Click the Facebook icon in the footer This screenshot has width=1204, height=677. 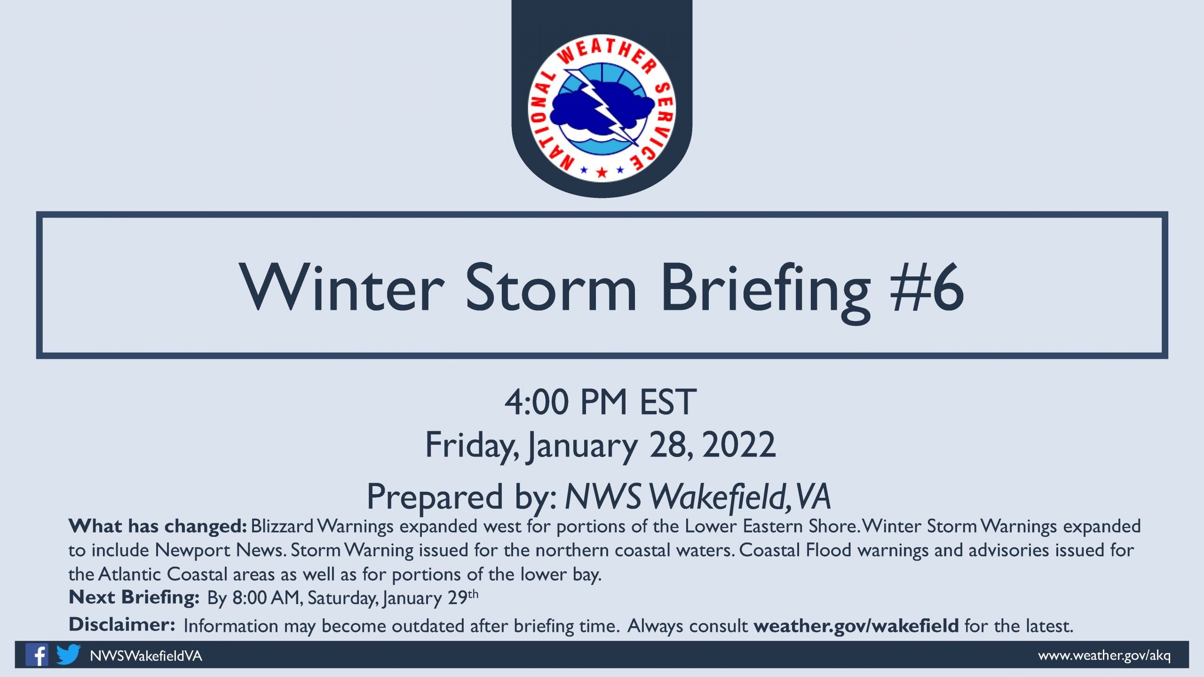pyautogui.click(x=37, y=654)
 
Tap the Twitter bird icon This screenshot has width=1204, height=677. pyautogui.click(x=68, y=654)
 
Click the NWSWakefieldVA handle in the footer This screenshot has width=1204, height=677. pyautogui.click(x=146, y=656)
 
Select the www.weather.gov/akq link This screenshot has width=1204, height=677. pyautogui.click(x=1104, y=655)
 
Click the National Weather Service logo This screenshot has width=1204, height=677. pyautogui.click(x=602, y=108)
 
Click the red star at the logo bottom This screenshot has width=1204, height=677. pyautogui.click(x=602, y=172)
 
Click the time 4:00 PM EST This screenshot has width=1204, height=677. pyautogui.click(x=601, y=402)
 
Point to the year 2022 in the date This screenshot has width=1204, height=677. pyautogui.click(x=739, y=445)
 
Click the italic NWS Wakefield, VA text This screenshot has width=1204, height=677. pyautogui.click(x=698, y=497)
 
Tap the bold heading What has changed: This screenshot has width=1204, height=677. pyautogui.click(x=158, y=526)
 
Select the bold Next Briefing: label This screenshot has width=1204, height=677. pyautogui.click(x=134, y=597)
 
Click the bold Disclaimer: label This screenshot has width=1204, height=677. pyautogui.click(x=122, y=625)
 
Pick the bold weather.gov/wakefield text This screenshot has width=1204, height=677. pyautogui.click(x=856, y=626)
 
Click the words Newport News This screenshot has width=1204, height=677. pyautogui.click(x=221, y=550)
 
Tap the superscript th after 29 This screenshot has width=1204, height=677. pyautogui.click(x=473, y=594)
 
